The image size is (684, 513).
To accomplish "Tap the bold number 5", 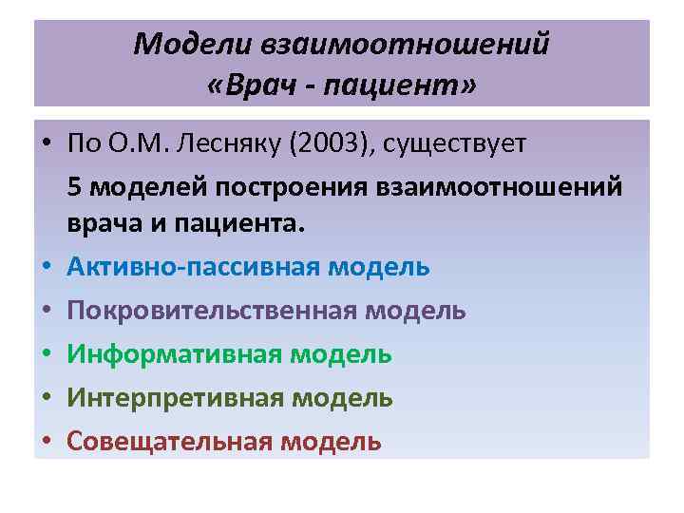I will pos(75,187).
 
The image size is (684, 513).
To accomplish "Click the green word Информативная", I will pos(172,354).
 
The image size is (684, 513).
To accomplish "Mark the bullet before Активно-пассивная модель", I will pos(47,267).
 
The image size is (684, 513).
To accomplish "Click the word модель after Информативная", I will pos(341,354).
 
